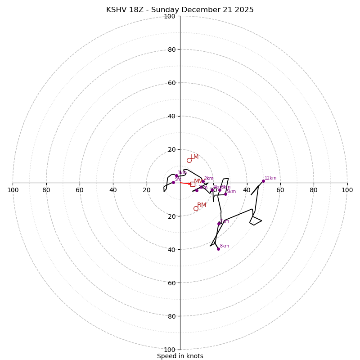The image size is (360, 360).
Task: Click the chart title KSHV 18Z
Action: pyautogui.click(x=180, y=10)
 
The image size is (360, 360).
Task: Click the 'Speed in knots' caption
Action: pyautogui.click(x=180, y=356)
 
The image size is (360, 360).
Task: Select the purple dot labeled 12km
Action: pyautogui.click(x=263, y=181)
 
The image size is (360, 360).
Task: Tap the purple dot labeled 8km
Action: pyautogui.click(x=218, y=249)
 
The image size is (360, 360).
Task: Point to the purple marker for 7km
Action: pyautogui.click(x=219, y=224)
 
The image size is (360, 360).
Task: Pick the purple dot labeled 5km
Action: pyautogui.click(x=225, y=194)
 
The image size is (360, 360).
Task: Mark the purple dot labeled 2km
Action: pyautogui.click(x=203, y=181)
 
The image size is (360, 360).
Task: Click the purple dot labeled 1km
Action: pyautogui.click(x=176, y=176)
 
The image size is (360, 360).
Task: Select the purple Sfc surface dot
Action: pyautogui.click(x=173, y=182)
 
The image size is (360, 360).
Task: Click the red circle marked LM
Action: pyautogui.click(x=189, y=160)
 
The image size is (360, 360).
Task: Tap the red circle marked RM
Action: pyautogui.click(x=196, y=208)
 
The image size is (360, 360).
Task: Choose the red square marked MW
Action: pyautogui.click(x=193, y=184)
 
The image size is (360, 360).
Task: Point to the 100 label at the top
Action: pyautogui.click(x=169, y=16)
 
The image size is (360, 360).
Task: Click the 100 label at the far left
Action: pyautogui.click(x=13, y=190)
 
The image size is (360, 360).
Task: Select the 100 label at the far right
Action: pyautogui.click(x=347, y=190)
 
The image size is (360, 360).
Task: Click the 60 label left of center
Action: pyautogui.click(x=80, y=190)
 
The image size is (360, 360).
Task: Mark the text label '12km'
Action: pyautogui.click(x=270, y=178)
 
